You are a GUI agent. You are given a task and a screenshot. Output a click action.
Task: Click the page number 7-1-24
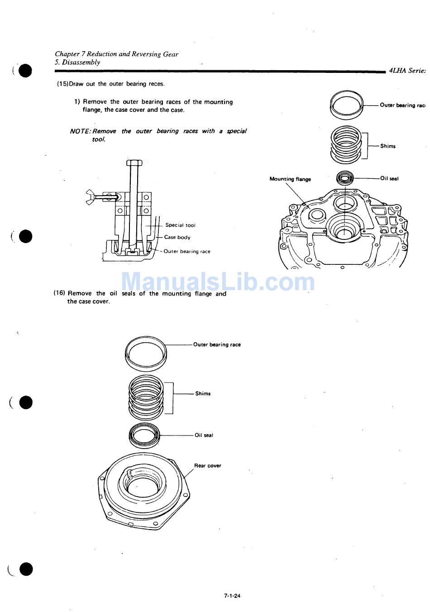pyautogui.click(x=232, y=596)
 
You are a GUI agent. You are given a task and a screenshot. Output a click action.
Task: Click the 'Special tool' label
pyautogui.click(x=180, y=225)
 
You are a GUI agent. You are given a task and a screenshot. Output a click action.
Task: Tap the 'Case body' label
pyautogui.click(x=177, y=237)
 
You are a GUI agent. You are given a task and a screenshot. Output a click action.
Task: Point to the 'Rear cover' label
pyautogui.click(x=207, y=465)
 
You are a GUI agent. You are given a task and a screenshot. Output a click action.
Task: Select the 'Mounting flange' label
pyautogui.click(x=290, y=179)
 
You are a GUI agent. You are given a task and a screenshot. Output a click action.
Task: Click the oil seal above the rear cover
pyautogui.click(x=144, y=435)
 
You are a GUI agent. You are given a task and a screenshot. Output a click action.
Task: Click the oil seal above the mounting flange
pyautogui.click(x=345, y=177)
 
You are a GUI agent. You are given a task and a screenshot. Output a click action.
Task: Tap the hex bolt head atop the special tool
pyautogui.click(x=134, y=163)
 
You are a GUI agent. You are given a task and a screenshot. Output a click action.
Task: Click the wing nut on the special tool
pyautogui.click(x=91, y=197)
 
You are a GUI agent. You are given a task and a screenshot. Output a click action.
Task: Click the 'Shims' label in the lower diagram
pyautogui.click(x=203, y=393)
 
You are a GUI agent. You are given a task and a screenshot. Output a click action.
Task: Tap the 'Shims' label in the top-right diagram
pyautogui.click(x=387, y=146)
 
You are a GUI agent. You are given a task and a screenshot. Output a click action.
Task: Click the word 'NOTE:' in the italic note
pyautogui.click(x=81, y=131)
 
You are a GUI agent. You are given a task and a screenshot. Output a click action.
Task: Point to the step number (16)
pyautogui.click(x=59, y=293)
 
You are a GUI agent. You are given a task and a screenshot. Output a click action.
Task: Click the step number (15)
pyautogui.click(x=62, y=84)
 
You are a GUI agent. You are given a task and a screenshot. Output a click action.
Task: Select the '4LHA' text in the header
pyautogui.click(x=397, y=70)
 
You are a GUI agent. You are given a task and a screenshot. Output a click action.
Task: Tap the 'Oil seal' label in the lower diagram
pyautogui.click(x=204, y=435)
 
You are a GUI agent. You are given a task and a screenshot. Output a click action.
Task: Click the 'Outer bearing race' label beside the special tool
pyautogui.click(x=187, y=251)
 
